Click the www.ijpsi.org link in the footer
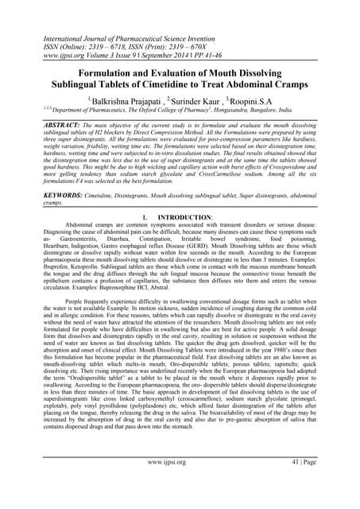point(180,484)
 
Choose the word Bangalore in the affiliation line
point(289,112)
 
